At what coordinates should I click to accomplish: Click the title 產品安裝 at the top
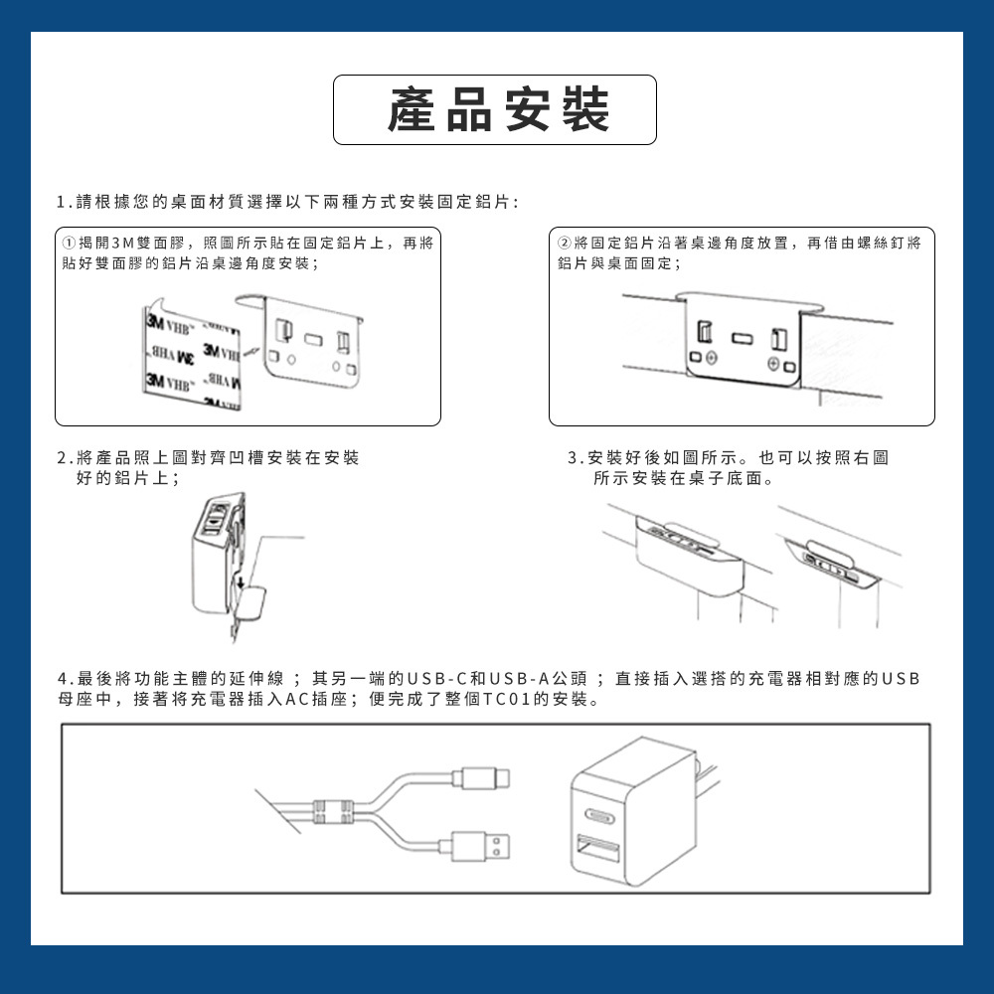[496, 109]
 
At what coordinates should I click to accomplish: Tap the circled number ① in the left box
[68, 245]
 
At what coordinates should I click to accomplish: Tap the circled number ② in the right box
[564, 245]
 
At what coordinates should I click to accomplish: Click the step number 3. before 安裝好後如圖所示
[574, 458]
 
